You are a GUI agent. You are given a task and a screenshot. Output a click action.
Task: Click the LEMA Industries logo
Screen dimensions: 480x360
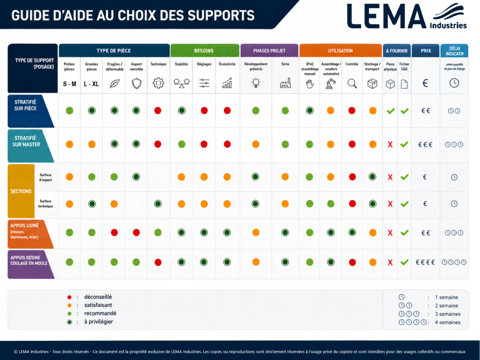pos(407,16)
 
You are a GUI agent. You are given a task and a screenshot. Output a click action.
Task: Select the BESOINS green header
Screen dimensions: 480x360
pos(204,51)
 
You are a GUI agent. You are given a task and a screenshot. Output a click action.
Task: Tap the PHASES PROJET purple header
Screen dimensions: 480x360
pos(269,51)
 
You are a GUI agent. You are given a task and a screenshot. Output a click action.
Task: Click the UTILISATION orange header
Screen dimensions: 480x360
pos(340,51)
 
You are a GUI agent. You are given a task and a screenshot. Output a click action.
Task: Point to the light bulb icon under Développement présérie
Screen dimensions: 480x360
pos(255,83)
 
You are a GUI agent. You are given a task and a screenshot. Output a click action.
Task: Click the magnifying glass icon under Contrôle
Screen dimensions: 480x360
pos(352,83)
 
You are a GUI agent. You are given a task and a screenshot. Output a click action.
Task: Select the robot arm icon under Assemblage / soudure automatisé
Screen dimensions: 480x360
pos(330,83)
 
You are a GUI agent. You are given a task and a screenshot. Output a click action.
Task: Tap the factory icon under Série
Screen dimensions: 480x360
pos(285,83)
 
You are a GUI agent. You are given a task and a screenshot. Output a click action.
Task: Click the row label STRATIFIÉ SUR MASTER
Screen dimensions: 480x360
pos(26,141)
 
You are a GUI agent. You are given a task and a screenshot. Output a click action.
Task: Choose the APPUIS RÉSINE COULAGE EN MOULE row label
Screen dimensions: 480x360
pos(29,260)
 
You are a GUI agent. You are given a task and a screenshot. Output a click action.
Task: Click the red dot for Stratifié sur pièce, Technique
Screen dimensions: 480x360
pos(157,111)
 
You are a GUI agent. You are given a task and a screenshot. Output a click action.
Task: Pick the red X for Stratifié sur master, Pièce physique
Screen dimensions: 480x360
pos(390,144)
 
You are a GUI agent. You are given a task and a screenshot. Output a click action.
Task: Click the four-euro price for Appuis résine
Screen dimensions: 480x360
pos(425,262)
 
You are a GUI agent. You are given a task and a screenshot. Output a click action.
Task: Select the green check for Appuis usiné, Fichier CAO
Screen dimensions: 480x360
pos(405,233)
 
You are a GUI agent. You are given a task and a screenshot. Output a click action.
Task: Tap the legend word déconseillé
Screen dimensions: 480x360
pos(98,297)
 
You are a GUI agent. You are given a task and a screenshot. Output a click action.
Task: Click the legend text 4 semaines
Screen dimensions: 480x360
pos(448,322)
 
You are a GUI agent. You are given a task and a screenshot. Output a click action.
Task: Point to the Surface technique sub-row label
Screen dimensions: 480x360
pos(45,203)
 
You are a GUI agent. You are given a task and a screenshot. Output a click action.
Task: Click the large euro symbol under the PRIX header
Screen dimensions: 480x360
pos(425,83)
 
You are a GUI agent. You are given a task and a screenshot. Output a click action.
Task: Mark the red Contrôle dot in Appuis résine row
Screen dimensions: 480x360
pos(352,262)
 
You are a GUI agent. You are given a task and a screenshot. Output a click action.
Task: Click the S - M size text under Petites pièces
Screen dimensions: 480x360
pos(69,84)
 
